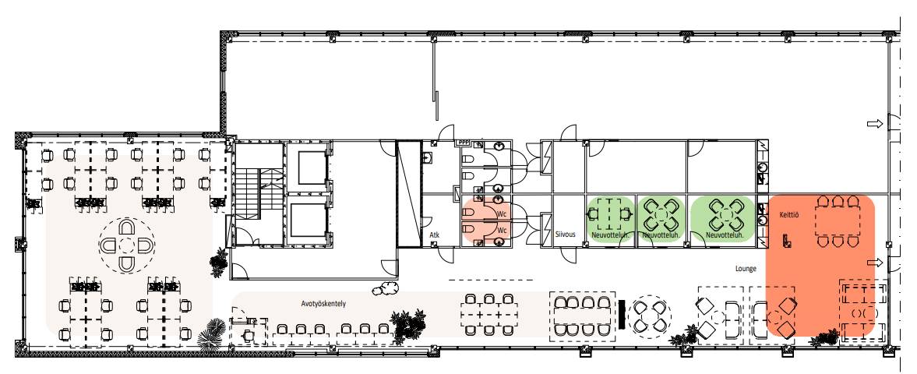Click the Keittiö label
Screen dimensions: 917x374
[x=789, y=215]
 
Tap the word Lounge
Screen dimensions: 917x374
[x=746, y=269]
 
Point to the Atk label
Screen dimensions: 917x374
[x=435, y=235]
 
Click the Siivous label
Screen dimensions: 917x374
[x=566, y=234]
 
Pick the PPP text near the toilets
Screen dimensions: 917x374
[x=464, y=143]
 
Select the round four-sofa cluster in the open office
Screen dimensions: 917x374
[x=126, y=245]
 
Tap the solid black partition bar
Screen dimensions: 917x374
[x=622, y=314]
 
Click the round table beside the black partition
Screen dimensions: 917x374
[x=650, y=316]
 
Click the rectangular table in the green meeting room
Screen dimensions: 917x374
[x=611, y=215]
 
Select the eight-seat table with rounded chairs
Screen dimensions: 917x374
[x=583, y=316]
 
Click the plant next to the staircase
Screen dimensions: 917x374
[x=219, y=262]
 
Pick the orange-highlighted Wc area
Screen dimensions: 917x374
[x=486, y=221]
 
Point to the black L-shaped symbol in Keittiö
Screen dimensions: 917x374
[x=787, y=240]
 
